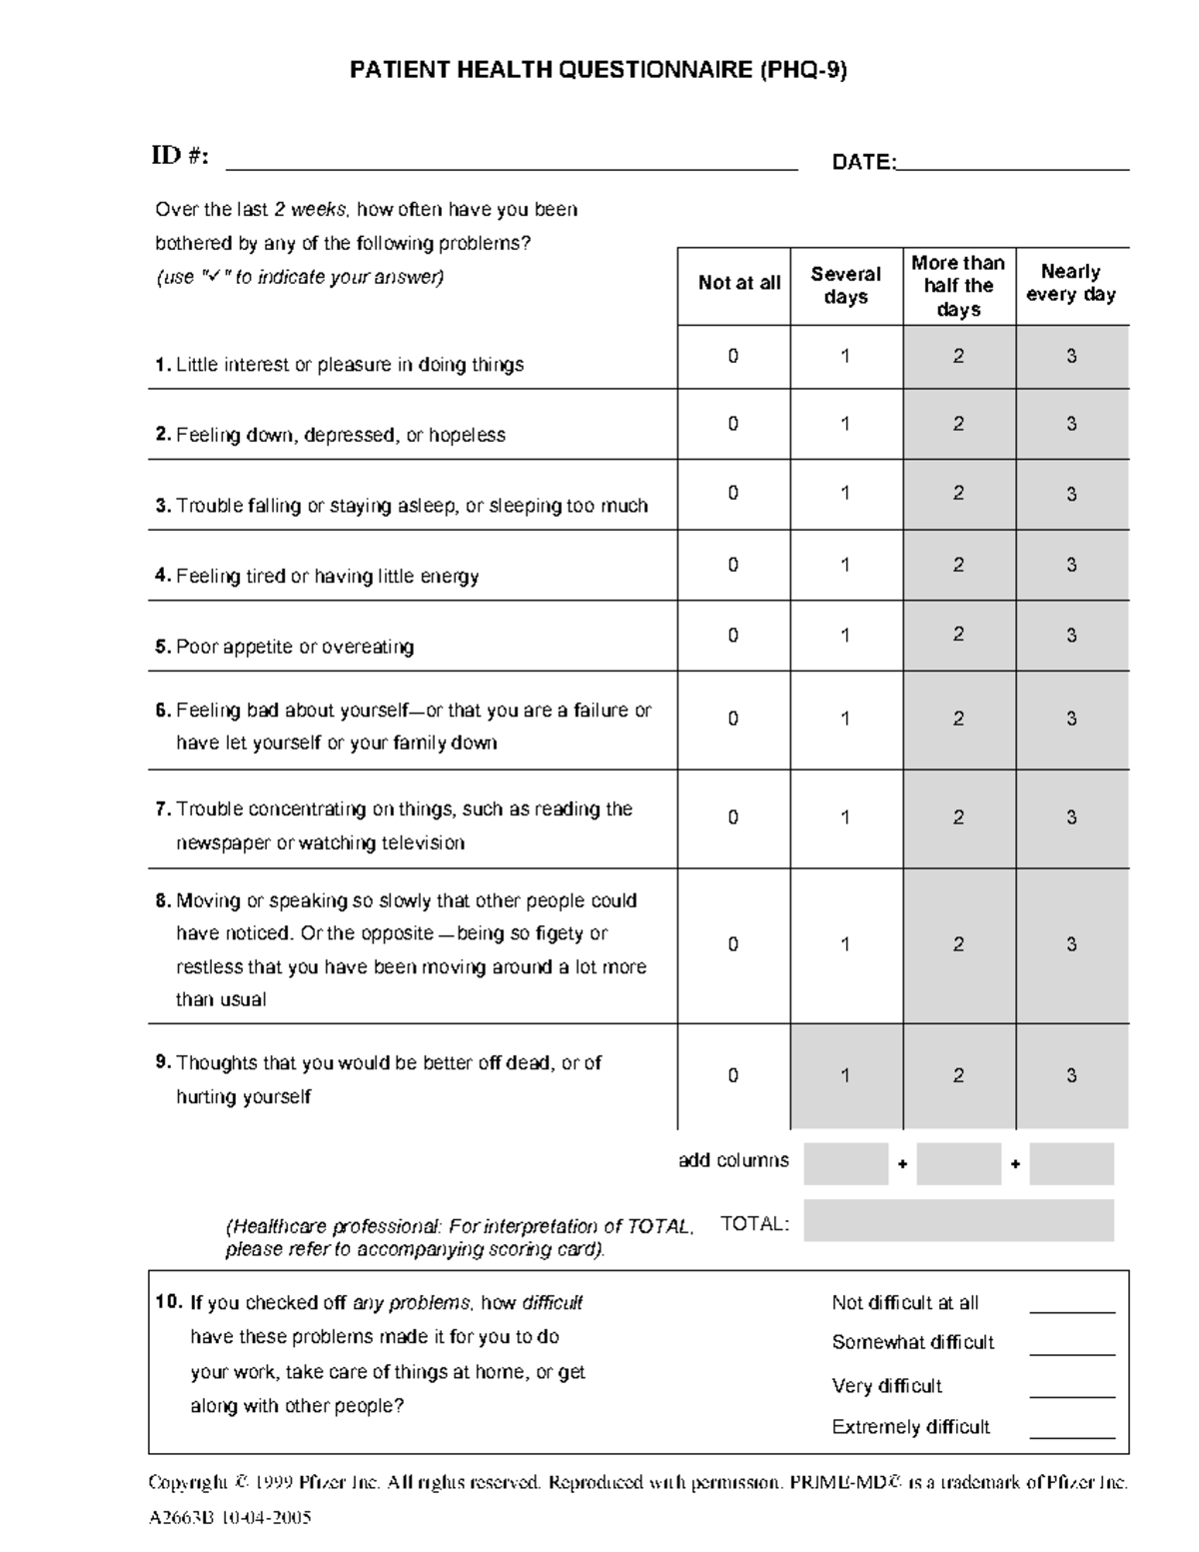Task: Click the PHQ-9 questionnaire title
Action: click(x=598, y=70)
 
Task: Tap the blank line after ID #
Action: click(x=512, y=166)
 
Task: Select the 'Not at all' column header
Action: click(x=738, y=284)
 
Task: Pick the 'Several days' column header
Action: click(x=845, y=286)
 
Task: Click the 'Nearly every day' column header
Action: click(x=1071, y=284)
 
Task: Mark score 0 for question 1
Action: click(x=732, y=356)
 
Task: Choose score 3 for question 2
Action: click(x=1071, y=424)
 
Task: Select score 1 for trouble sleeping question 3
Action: click(x=845, y=493)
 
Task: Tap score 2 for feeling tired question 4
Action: click(x=958, y=565)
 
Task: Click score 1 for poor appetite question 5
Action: click(x=845, y=636)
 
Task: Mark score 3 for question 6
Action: click(x=1071, y=719)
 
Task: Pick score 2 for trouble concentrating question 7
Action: click(x=958, y=817)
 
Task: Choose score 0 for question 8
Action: click(x=732, y=944)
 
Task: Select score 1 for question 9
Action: click(x=845, y=1076)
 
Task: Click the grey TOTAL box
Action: click(x=958, y=1221)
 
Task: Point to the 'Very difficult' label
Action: click(x=886, y=1386)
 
